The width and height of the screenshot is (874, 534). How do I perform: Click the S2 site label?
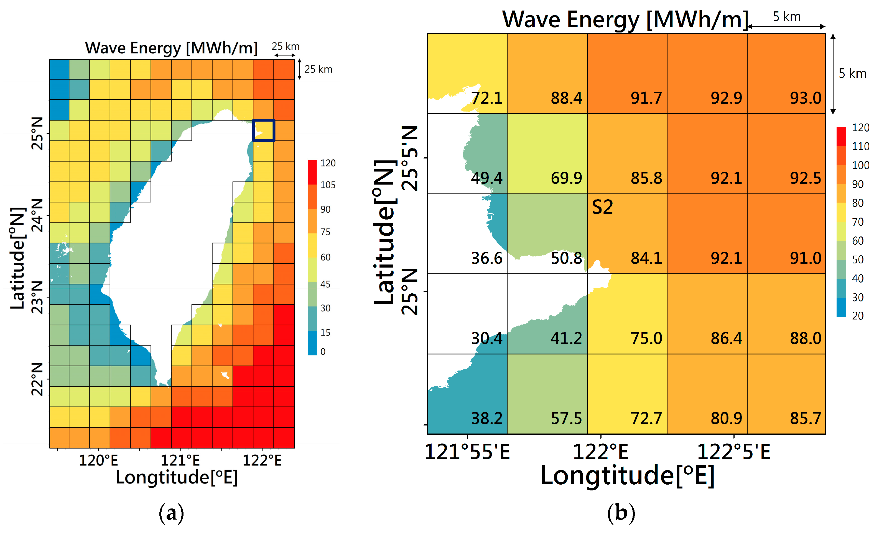pyautogui.click(x=602, y=207)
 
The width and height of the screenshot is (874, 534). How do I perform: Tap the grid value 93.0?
pyautogui.click(x=805, y=98)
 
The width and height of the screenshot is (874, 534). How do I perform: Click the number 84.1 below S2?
pyautogui.click(x=646, y=258)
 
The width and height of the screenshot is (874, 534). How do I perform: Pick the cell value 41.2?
pyautogui.click(x=566, y=338)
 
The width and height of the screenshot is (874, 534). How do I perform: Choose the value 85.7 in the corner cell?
pyautogui.click(x=805, y=418)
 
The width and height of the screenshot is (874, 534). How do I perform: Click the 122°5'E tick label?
pyautogui.click(x=733, y=452)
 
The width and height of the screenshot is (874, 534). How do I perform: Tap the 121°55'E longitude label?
pyautogui.click(x=467, y=452)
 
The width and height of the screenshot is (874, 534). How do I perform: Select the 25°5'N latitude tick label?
pyautogui.click(x=410, y=158)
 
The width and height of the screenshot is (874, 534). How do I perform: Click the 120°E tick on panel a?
pyautogui.click(x=98, y=460)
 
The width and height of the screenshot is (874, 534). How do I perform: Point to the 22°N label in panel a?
pyautogui.click(x=37, y=379)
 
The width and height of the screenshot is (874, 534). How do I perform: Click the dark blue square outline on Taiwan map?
pyautogui.click(x=264, y=130)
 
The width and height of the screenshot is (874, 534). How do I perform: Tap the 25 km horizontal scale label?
pyautogui.click(x=285, y=47)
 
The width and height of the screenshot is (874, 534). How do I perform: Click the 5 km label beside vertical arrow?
pyautogui.click(x=852, y=74)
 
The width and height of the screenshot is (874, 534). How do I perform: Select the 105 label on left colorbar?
pyautogui.click(x=327, y=185)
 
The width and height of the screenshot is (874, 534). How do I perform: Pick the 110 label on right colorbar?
pyautogui.click(x=860, y=146)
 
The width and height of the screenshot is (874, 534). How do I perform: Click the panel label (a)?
pyautogui.click(x=171, y=513)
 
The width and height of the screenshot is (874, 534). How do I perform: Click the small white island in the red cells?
pyautogui.click(x=225, y=375)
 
